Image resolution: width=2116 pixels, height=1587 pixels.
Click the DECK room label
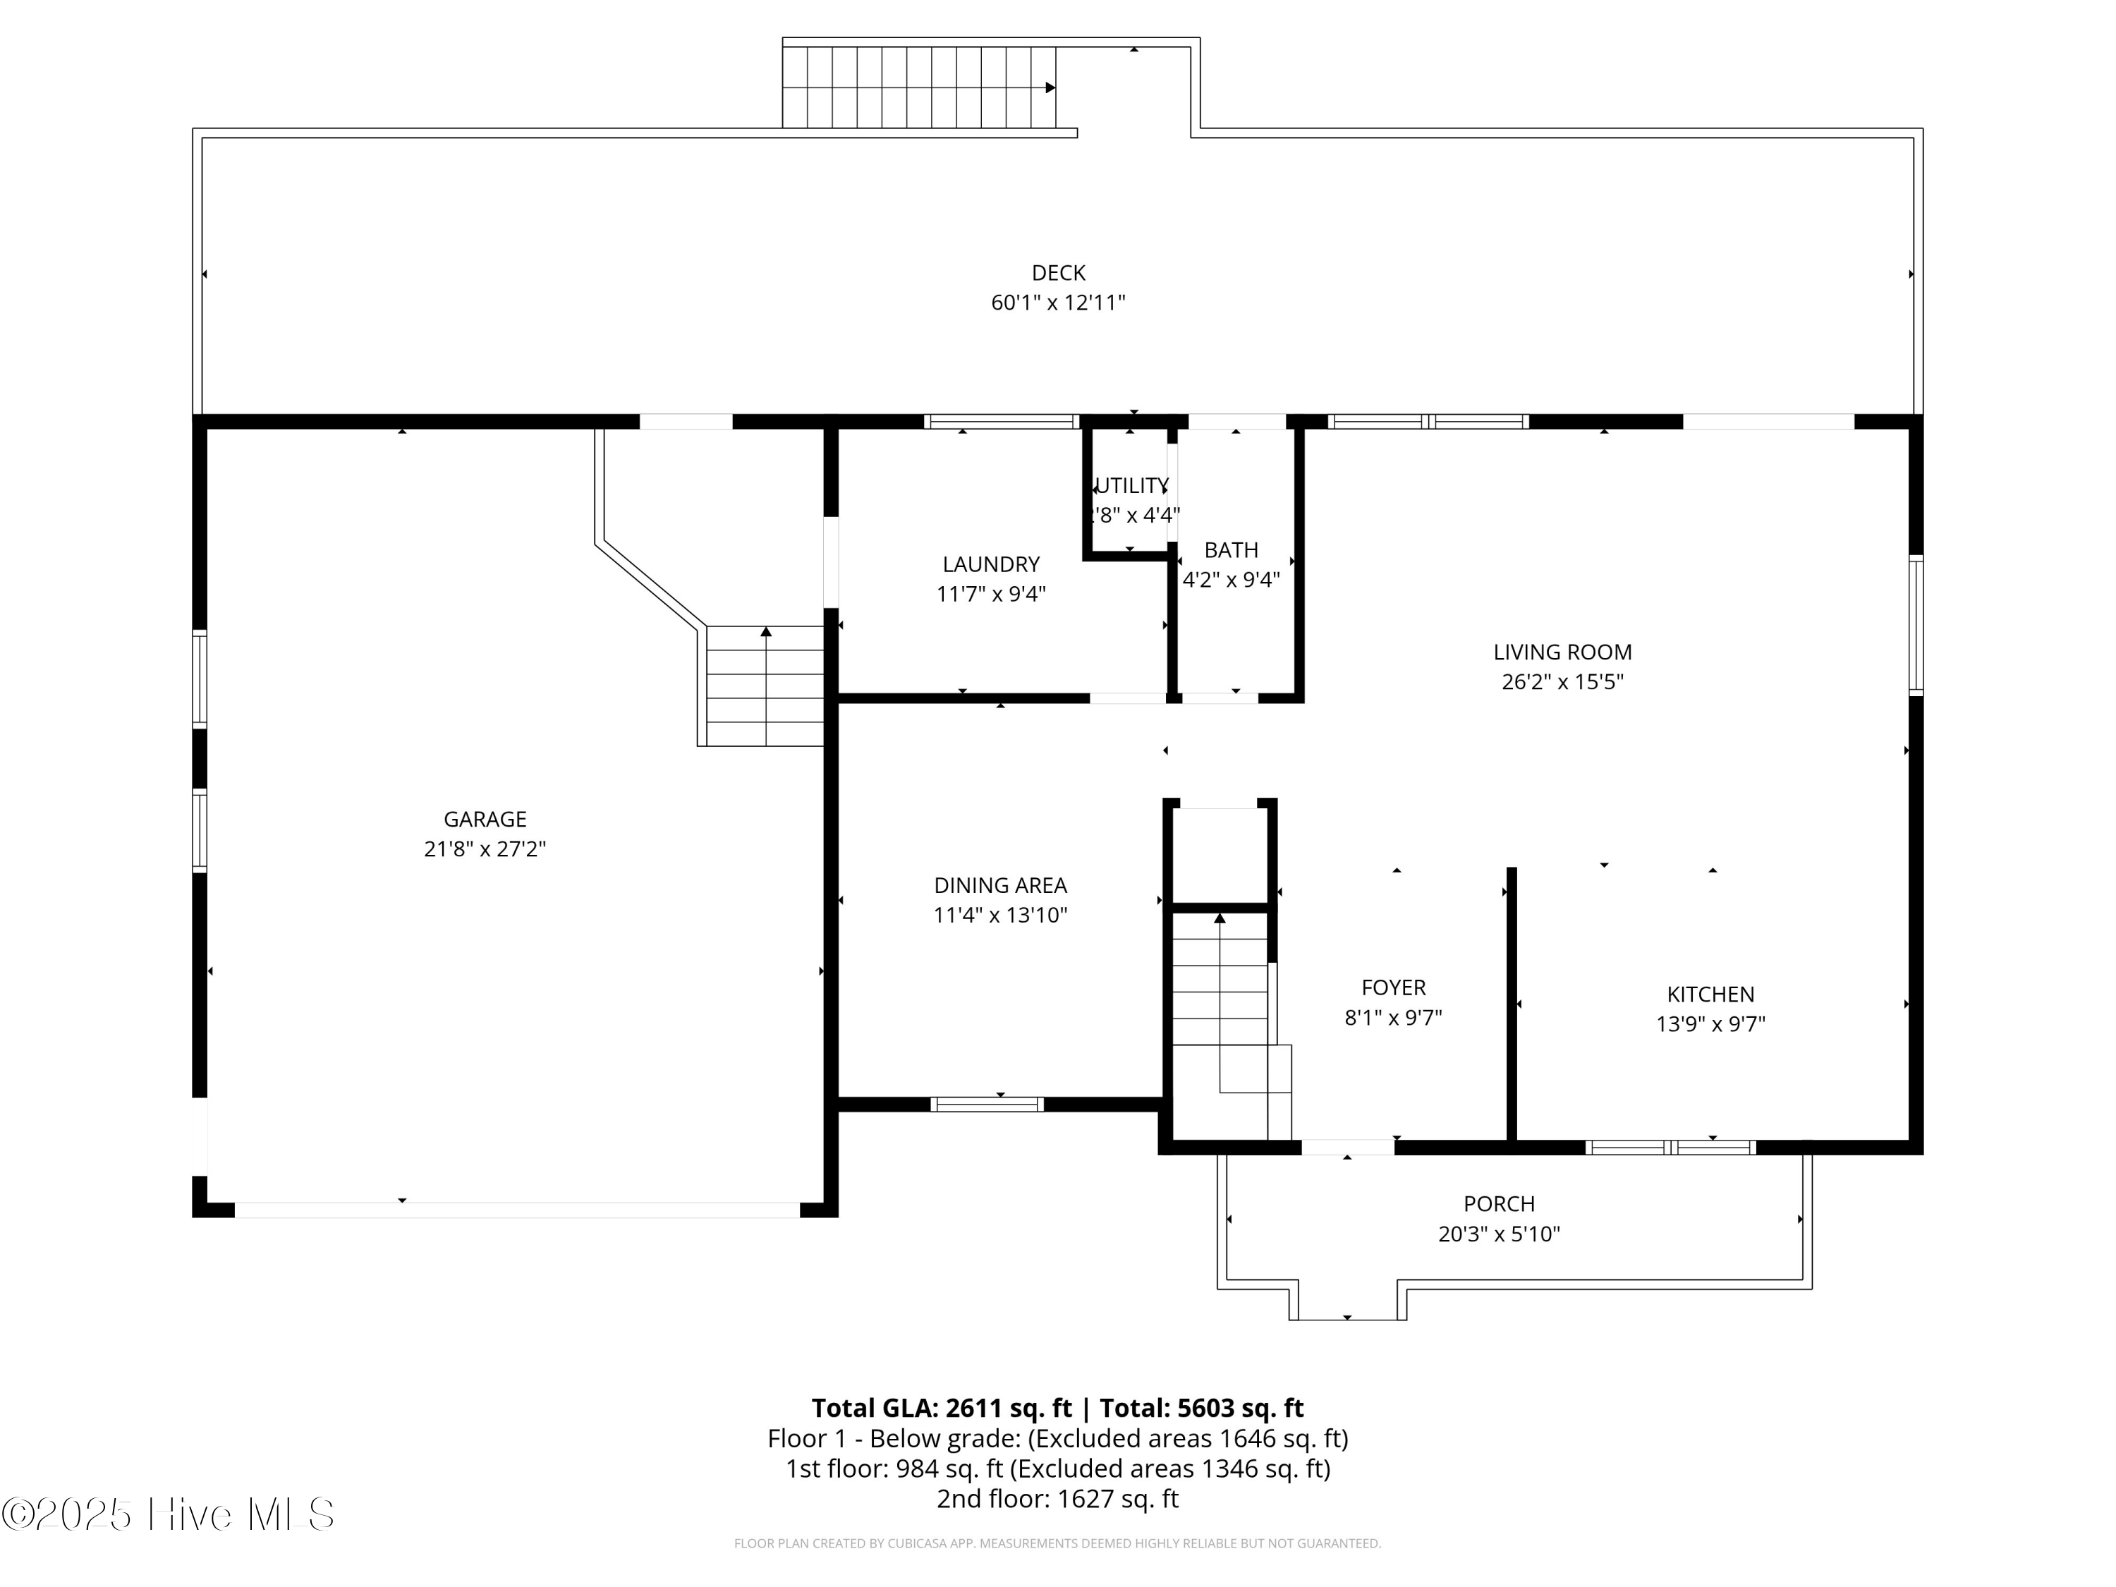coord(1058,273)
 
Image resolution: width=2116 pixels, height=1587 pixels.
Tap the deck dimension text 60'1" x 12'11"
coord(1058,303)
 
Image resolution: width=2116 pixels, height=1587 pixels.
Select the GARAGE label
coord(485,819)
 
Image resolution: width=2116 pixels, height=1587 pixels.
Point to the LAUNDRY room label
coord(991,564)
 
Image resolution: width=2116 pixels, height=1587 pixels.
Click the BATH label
coord(1231,550)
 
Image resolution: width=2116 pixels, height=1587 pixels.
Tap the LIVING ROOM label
coord(1562,652)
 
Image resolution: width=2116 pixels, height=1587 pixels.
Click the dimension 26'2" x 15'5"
coord(1562,682)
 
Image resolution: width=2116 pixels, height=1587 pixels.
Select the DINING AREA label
coord(1001,886)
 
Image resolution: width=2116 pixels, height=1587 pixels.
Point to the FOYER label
coord(1393,987)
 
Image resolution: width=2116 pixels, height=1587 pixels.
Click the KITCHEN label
coord(1710,994)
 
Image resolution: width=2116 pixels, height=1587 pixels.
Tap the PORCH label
coord(1499,1203)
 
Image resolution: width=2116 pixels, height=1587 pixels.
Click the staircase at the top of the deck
coord(918,87)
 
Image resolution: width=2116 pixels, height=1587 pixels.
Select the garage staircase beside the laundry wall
coord(765,686)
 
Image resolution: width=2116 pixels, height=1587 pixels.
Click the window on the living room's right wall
coord(1916,626)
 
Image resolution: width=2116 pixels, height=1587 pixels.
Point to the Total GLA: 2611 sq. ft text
coord(942,1408)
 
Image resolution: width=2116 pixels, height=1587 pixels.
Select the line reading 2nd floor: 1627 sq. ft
coord(1057,1498)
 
